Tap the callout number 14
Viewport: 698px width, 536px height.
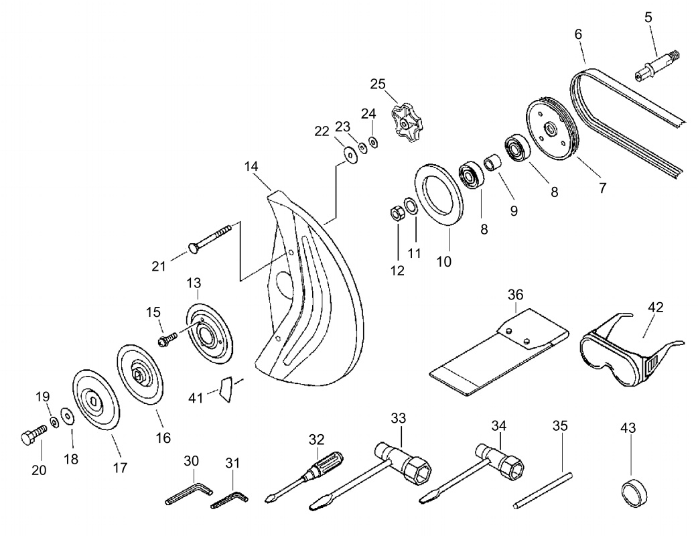pyautogui.click(x=251, y=166)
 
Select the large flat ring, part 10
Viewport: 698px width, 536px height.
pyautogui.click(x=439, y=194)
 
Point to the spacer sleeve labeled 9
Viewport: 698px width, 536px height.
pyautogui.click(x=493, y=163)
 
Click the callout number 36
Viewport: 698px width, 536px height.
pyautogui.click(x=516, y=295)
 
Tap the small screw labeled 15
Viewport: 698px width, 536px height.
pyautogui.click(x=168, y=339)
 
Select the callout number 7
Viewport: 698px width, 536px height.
pyautogui.click(x=602, y=188)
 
